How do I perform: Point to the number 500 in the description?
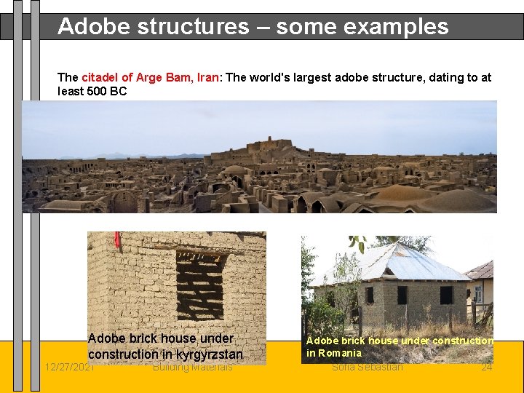[92, 92]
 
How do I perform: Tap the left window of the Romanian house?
[370, 295]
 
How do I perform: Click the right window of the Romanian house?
[446, 295]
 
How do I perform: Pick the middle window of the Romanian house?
[402, 295]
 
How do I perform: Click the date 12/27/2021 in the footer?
[69, 367]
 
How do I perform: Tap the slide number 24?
[487, 367]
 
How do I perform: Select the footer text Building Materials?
[193, 367]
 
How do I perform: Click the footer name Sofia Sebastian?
[367, 367]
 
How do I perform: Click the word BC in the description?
[119, 92]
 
